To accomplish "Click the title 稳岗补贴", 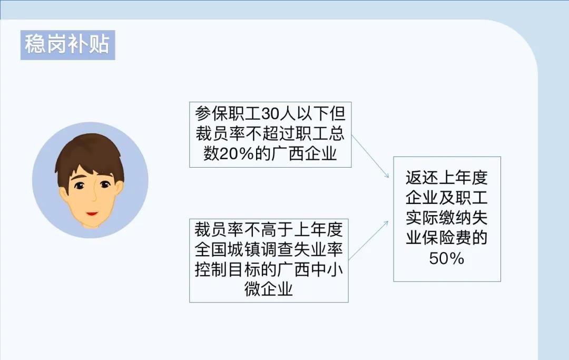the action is coord(67,45).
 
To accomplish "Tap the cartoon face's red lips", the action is coord(92,213).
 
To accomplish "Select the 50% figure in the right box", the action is coord(447,258).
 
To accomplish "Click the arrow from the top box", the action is coord(370,157).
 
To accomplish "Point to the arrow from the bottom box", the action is coord(368,240).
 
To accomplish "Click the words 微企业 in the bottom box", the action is coord(269,289).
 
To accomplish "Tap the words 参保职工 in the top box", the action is coord(228,114).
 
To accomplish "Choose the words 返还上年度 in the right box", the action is coord(447,178).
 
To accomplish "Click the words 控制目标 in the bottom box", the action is coord(228,270).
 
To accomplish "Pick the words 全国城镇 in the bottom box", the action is coord(228,250).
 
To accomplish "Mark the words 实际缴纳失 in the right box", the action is coord(447,218).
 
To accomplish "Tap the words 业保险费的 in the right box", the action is coord(447,238).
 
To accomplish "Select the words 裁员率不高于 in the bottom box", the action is coord(244,229).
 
